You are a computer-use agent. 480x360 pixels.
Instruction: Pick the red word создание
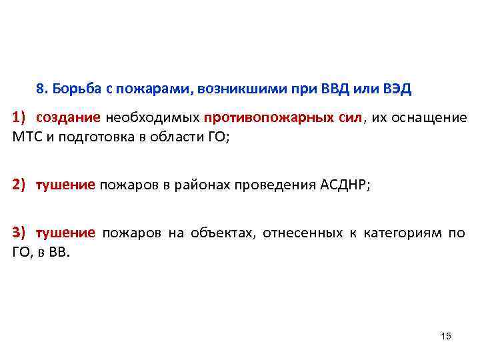pyautogui.click(x=69, y=117)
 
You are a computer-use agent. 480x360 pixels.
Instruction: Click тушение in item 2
pyautogui.click(x=65, y=184)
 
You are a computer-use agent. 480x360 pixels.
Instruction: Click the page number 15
pyautogui.click(x=446, y=336)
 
